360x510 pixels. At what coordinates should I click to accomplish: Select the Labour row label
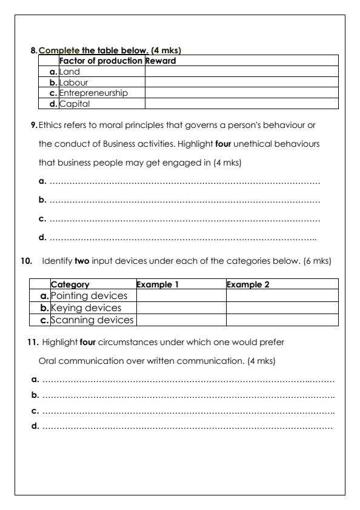click(73, 82)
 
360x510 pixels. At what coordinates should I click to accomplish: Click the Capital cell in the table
click(74, 104)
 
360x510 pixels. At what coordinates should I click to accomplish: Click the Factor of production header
click(101, 61)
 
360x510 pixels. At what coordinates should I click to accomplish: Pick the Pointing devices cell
click(89, 295)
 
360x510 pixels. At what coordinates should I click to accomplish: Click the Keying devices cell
click(85, 307)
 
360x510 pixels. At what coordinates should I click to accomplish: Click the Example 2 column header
click(248, 284)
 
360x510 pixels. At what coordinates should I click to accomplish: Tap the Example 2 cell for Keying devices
click(282, 307)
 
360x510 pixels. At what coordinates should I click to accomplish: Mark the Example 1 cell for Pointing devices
click(181, 295)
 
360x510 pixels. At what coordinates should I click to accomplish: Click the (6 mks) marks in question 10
click(317, 261)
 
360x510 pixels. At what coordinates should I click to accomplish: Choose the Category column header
click(70, 284)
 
